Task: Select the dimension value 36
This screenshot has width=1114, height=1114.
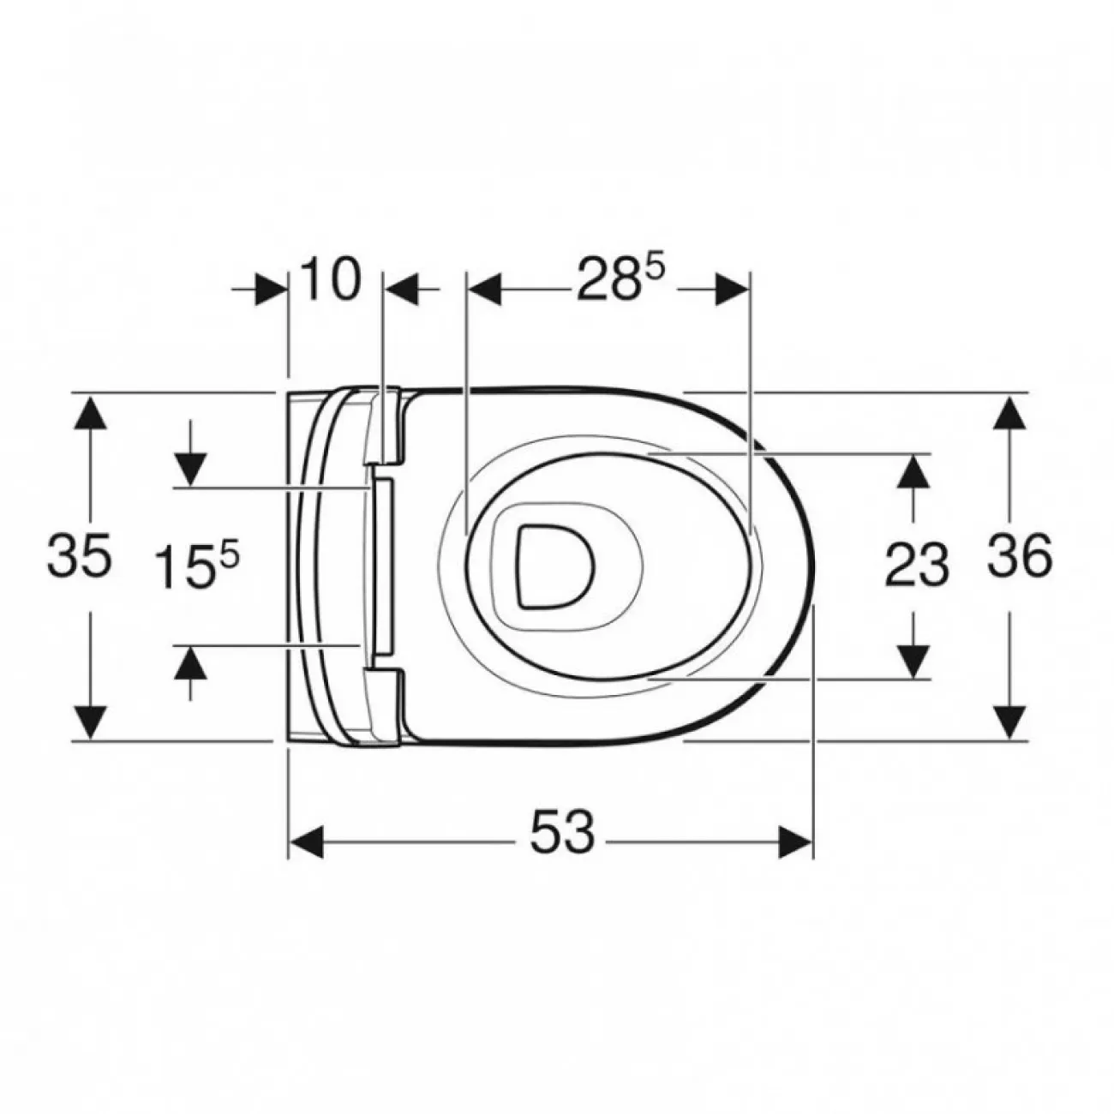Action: [x=1019, y=555]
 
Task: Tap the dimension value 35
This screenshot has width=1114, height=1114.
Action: [x=79, y=555]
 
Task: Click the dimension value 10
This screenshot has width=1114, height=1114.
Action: [x=331, y=280]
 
